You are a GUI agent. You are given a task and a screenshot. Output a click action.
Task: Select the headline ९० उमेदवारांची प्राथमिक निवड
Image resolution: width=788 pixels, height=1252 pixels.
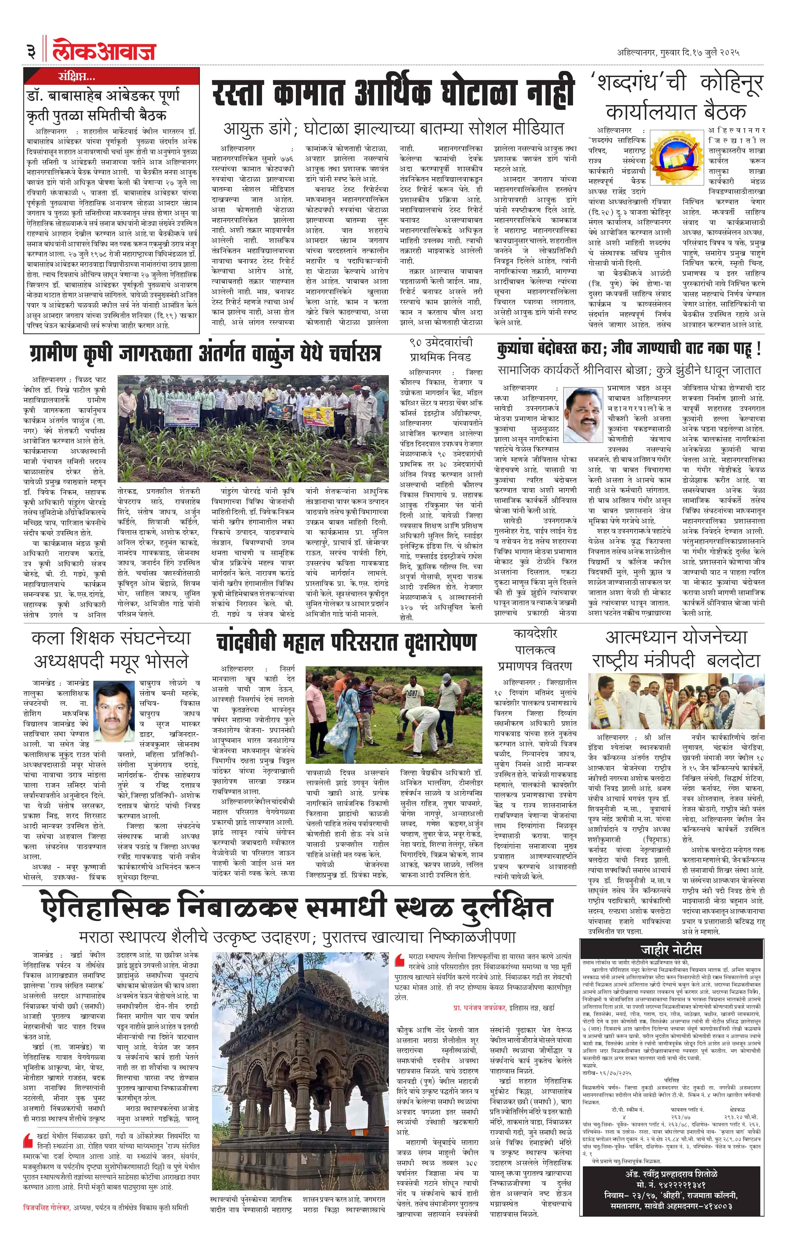click(x=441, y=350)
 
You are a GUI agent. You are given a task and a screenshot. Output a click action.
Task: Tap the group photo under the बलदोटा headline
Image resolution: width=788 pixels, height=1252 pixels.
click(x=676, y=701)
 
